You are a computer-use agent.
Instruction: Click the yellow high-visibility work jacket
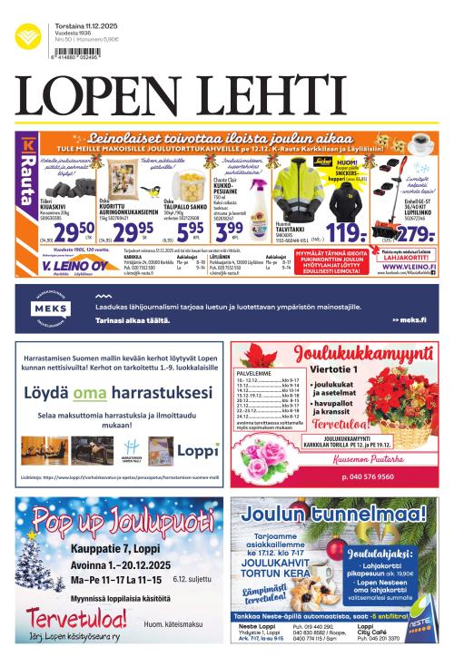click(300, 186)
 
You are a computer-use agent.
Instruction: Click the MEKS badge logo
click(53, 309)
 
